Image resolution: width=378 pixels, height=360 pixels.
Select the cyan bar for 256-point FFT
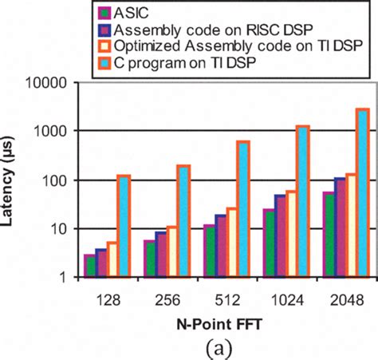point(183,221)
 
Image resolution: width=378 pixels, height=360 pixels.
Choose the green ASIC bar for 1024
point(269,243)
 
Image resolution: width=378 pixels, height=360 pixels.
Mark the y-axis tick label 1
point(70,278)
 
